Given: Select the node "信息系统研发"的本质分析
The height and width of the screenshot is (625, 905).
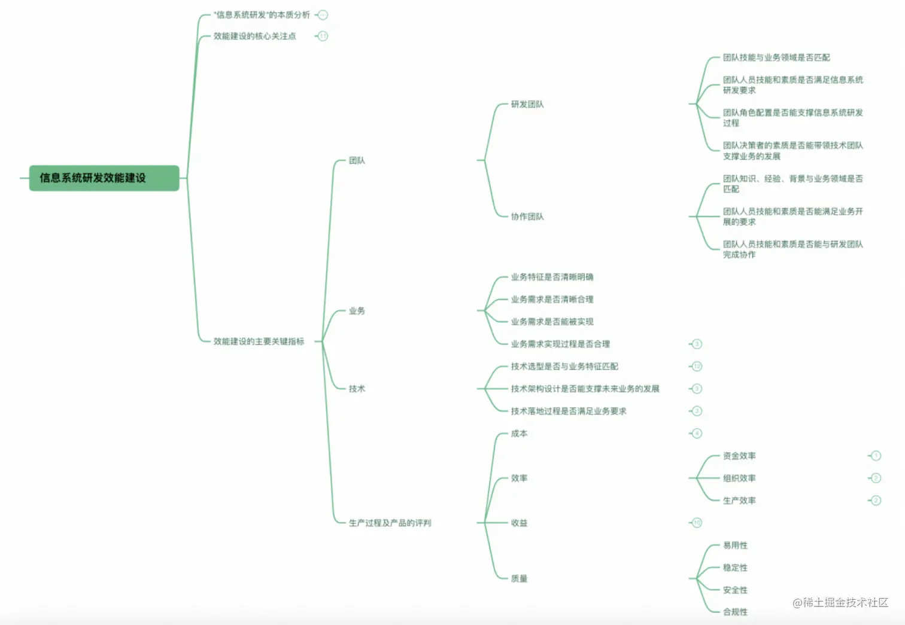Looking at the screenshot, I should [x=262, y=15].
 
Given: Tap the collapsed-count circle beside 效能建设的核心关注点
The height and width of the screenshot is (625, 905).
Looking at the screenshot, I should [x=323, y=36].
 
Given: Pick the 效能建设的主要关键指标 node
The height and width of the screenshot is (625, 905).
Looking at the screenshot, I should [x=259, y=342].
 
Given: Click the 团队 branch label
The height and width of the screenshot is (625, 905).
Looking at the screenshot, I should [x=357, y=160].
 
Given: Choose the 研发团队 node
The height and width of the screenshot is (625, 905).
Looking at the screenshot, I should [x=527, y=105].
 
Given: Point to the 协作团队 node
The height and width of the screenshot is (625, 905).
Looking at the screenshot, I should [x=527, y=217].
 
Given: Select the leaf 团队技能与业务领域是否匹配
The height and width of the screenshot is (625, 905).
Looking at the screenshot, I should [x=776, y=57].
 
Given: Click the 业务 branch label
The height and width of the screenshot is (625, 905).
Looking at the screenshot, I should [x=357, y=311].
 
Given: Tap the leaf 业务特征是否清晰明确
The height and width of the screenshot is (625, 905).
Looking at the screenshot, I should [x=552, y=277].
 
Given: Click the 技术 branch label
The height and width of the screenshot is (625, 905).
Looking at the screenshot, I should [x=357, y=389].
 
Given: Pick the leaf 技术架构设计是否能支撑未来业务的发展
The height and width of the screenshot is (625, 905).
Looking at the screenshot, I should [x=585, y=389].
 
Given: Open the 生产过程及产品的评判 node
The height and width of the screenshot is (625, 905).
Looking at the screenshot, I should [x=390, y=523].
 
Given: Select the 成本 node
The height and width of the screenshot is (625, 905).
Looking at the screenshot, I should [x=519, y=434].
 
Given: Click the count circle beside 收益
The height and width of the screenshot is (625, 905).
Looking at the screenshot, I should [x=697, y=523].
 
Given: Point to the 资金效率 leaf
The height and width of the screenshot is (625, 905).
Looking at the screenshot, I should [x=739, y=456].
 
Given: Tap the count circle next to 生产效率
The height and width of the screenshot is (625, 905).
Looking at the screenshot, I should [x=876, y=501].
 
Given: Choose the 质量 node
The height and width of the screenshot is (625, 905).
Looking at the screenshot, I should [x=519, y=578].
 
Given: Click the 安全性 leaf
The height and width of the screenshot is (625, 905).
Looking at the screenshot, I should [x=735, y=590].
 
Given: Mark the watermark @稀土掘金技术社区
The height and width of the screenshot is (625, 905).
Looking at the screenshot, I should [x=840, y=603].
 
